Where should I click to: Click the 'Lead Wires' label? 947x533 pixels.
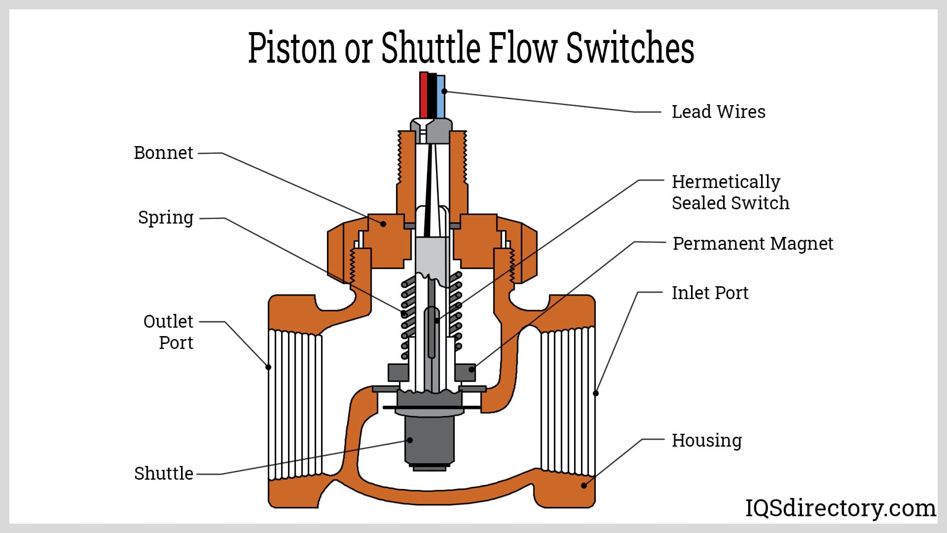[718, 112]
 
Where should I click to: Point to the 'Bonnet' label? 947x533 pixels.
[163, 153]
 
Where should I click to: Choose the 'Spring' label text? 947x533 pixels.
[166, 218]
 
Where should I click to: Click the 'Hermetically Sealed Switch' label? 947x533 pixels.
[730, 192]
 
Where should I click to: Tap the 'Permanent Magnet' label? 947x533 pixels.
[753, 244]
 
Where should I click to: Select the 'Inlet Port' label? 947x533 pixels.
[710, 293]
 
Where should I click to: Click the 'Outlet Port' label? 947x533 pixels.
[169, 332]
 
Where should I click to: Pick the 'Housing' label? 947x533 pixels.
[706, 440]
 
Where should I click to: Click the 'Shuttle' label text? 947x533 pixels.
[164, 473]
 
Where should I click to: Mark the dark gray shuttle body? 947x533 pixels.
[429, 439]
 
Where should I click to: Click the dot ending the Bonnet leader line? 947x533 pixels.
[383, 224]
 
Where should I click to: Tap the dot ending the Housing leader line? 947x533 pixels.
[584, 486]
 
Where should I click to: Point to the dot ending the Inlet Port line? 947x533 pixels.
[596, 393]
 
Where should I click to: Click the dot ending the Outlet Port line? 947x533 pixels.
[268, 367]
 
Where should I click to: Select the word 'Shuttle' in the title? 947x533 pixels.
[431, 48]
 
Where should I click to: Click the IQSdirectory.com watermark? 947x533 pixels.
[840, 508]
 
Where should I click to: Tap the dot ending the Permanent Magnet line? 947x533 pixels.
[472, 369]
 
